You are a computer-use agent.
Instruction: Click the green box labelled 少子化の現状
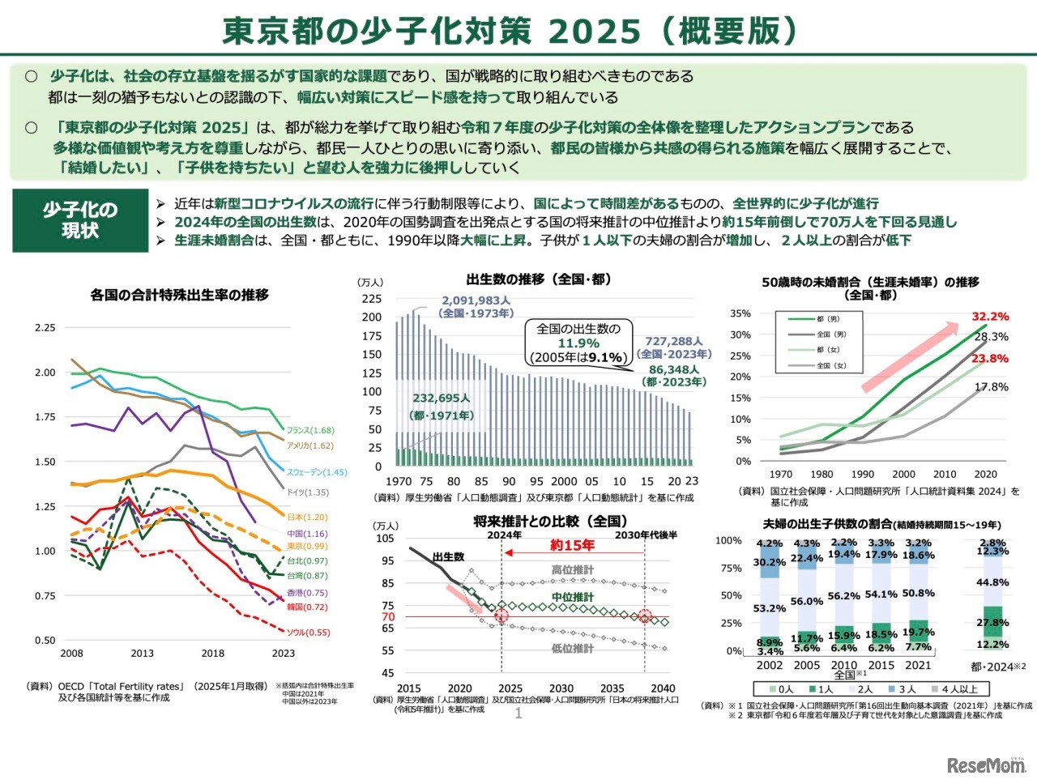click(80, 220)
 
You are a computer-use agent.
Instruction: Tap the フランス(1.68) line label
click(310, 430)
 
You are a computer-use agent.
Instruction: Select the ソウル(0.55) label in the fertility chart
click(309, 633)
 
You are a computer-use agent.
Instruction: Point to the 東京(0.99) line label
click(307, 546)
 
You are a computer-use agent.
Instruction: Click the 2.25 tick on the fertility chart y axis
click(45, 328)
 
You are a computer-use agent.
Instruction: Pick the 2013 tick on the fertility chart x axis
click(142, 653)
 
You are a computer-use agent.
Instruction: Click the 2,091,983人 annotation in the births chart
click(476, 300)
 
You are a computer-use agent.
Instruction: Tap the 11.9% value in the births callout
click(578, 343)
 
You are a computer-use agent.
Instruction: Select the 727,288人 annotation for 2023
click(674, 342)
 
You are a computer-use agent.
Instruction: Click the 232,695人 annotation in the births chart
click(442, 398)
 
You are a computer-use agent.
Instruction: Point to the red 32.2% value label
click(990, 317)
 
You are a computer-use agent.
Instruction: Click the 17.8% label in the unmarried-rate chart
click(991, 387)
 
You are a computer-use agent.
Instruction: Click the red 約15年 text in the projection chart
click(572, 545)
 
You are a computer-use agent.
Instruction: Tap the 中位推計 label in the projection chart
click(572, 597)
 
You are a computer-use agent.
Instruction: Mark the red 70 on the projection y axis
click(388, 616)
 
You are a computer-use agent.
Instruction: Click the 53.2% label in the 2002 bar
click(770, 608)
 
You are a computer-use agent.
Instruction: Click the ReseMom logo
click(986, 764)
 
